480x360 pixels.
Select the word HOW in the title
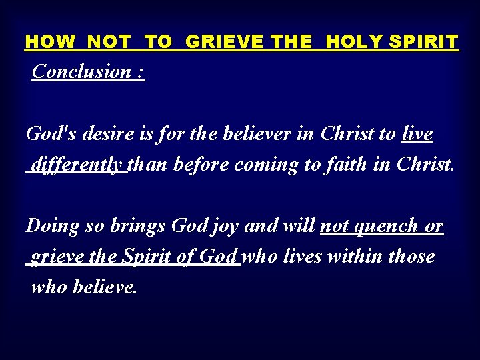pyautogui.click(x=51, y=42)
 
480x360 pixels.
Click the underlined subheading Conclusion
pyautogui.click(x=81, y=71)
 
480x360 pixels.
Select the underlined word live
pyautogui.click(x=417, y=134)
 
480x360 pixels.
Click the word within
pyautogui.click(x=355, y=256)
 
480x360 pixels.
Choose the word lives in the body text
pyautogui.click(x=305, y=256)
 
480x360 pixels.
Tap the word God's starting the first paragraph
pyautogui.click(x=47, y=134)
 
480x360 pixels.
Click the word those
pyautogui.click(x=411, y=256)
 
